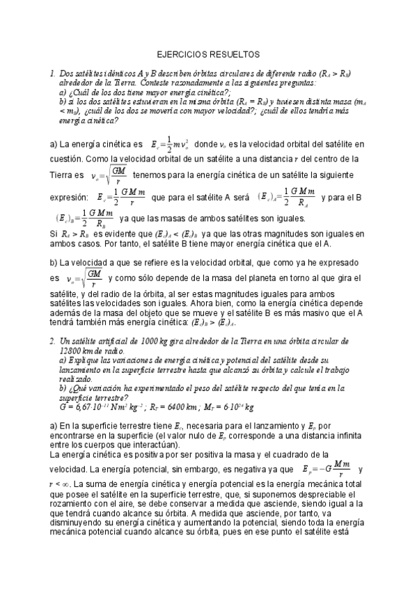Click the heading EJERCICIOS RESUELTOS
pos(208,53)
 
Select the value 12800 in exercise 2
pos(74,352)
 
